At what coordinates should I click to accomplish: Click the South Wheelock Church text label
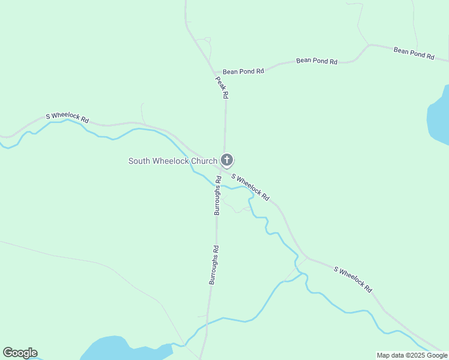173,161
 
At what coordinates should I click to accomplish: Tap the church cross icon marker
226,160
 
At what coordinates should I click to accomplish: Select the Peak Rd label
221,87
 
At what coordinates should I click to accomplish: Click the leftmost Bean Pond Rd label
243,71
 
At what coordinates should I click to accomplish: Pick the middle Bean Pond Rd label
316,61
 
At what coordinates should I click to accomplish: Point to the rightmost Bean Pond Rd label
414,53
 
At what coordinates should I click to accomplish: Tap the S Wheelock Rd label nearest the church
250,188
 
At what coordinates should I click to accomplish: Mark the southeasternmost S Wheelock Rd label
353,279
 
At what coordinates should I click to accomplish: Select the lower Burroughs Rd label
213,265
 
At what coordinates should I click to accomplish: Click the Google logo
20,353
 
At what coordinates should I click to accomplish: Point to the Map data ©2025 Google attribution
411,355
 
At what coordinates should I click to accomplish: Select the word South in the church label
140,161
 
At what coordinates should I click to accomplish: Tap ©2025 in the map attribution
417,355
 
